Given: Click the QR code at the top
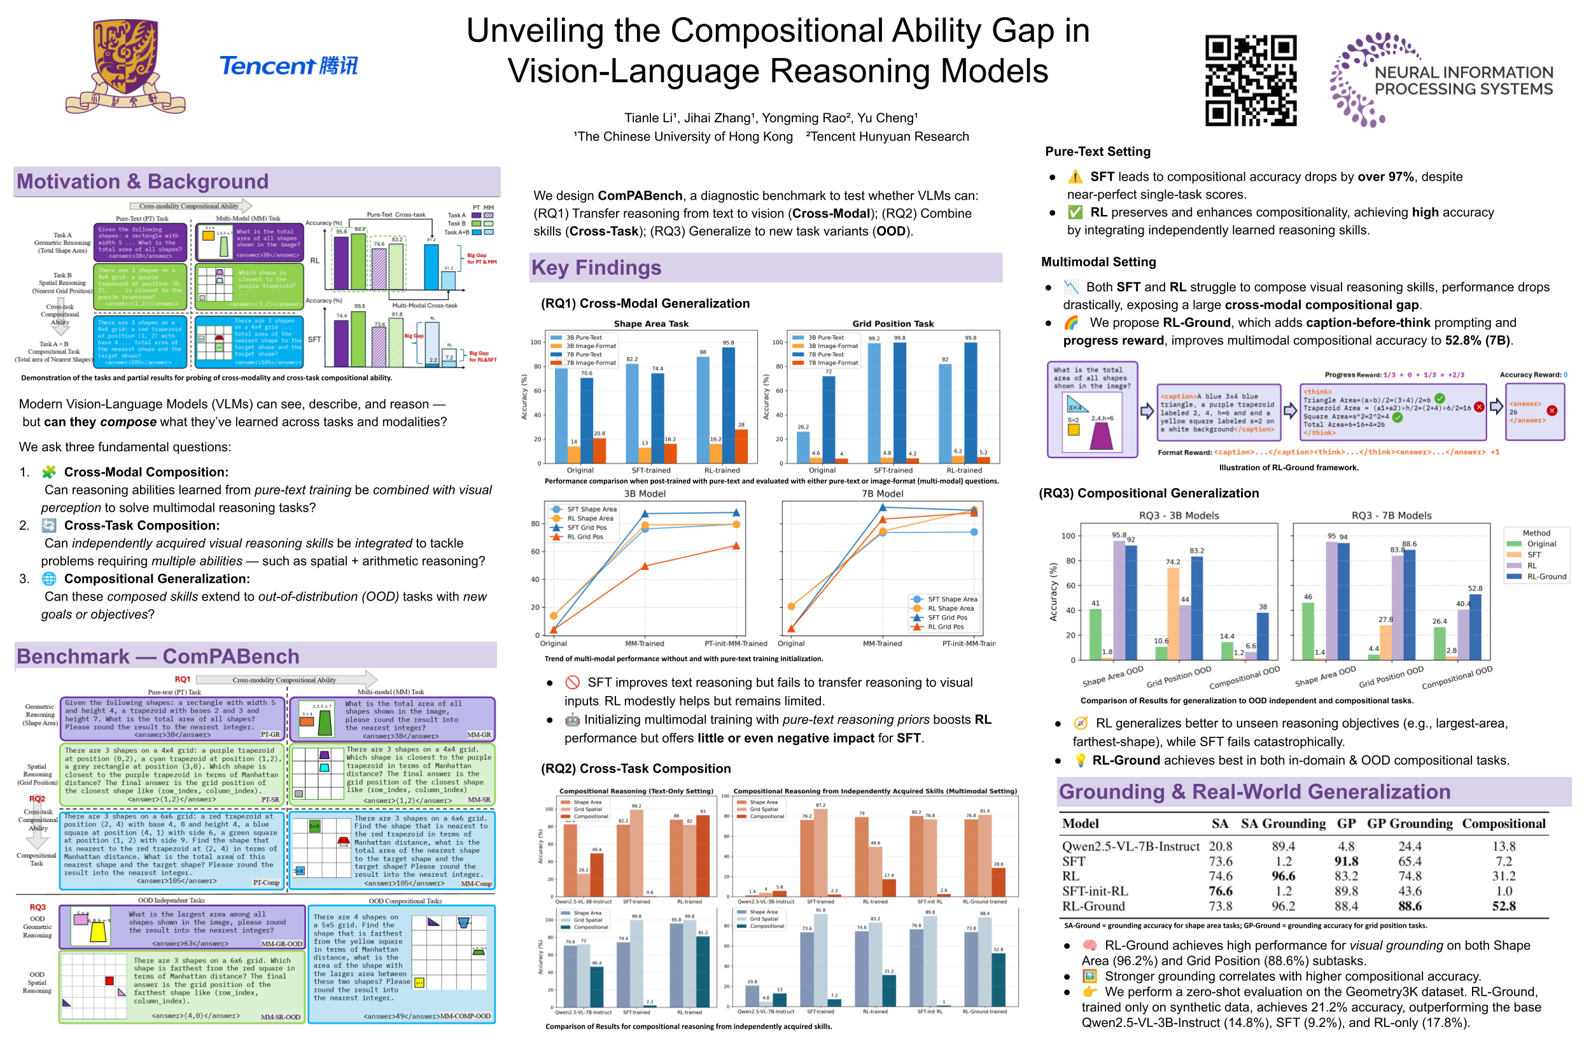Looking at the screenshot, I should click(x=1251, y=80).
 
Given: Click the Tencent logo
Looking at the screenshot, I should click(x=289, y=66).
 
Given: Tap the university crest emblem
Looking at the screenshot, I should click(x=125, y=66).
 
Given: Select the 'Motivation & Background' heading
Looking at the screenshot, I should click(x=143, y=181).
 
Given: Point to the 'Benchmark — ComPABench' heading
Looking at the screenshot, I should click(x=158, y=656).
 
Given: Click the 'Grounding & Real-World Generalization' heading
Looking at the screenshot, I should click(x=1254, y=791).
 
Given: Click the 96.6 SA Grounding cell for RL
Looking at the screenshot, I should click(x=1283, y=876).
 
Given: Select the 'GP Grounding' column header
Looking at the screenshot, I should click(x=1409, y=823).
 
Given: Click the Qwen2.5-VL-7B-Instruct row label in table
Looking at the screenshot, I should click(x=1130, y=846).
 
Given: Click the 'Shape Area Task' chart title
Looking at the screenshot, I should click(x=650, y=324).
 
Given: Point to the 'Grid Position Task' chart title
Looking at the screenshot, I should click(x=892, y=324).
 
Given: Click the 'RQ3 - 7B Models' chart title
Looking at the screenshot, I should click(x=1391, y=515).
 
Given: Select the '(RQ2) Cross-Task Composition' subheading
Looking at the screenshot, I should click(x=635, y=769).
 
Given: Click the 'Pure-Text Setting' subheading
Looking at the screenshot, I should click(x=1097, y=151).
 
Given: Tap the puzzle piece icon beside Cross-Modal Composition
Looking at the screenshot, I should click(x=48, y=472).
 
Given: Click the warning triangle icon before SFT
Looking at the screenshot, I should click(x=1074, y=177).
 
